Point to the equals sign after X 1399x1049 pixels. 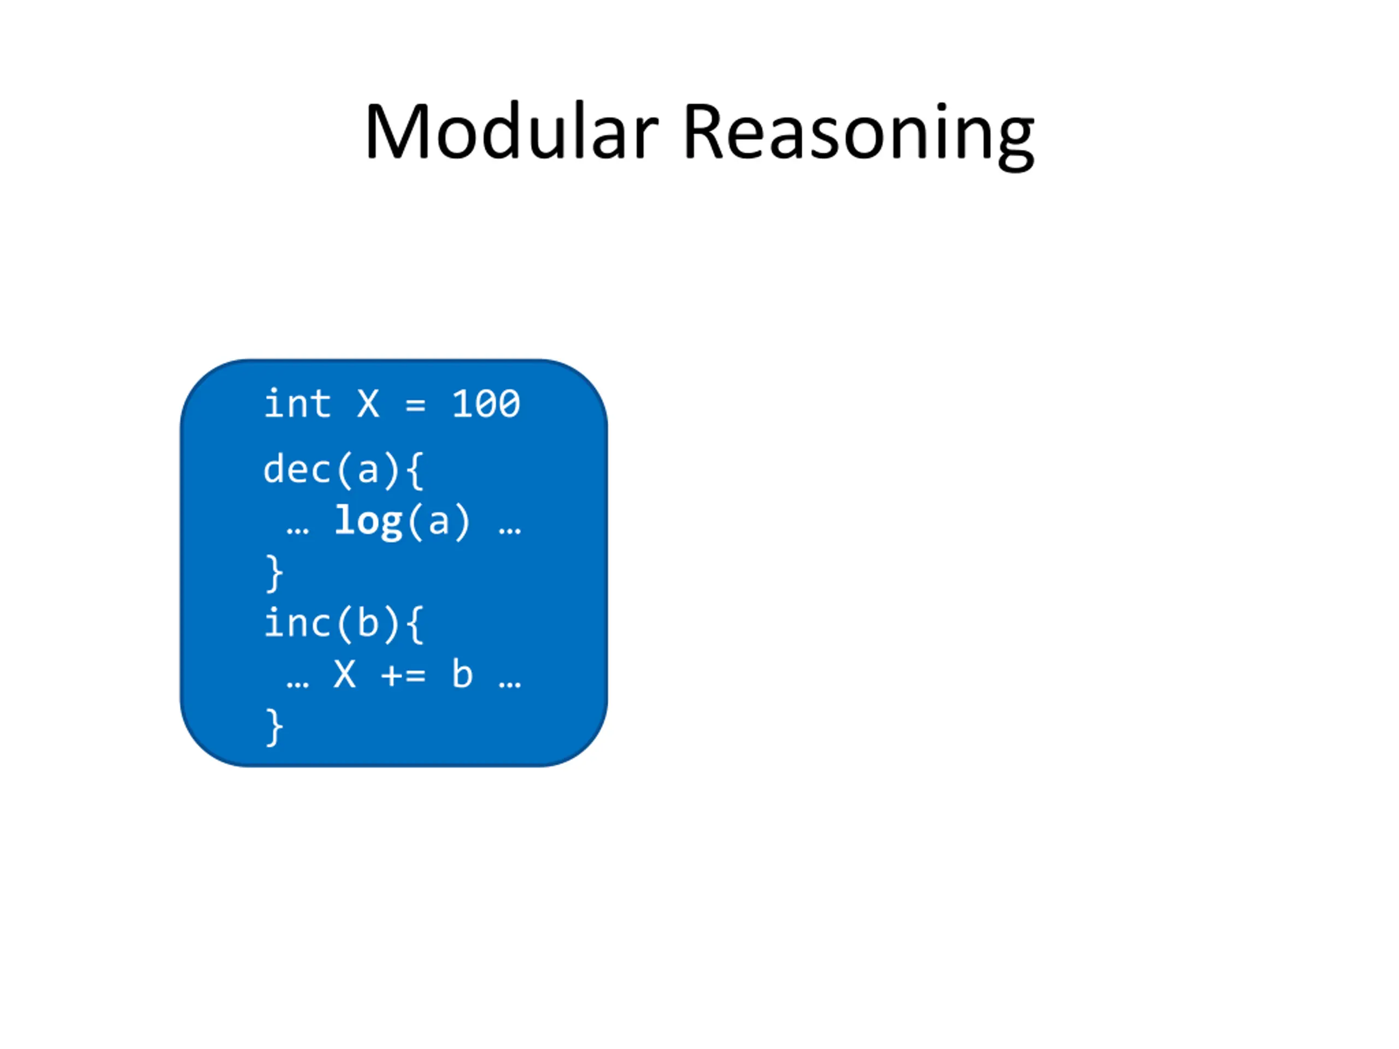tap(415, 405)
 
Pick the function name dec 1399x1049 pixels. tap(297, 469)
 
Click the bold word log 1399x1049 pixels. tap(368, 522)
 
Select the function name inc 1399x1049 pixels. tap(297, 623)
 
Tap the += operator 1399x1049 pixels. tap(403, 675)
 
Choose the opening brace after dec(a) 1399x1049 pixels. tap(414, 470)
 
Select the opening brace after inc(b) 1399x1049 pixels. tap(414, 624)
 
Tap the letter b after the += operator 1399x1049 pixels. tap(462, 674)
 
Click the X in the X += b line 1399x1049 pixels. tap(345, 674)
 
